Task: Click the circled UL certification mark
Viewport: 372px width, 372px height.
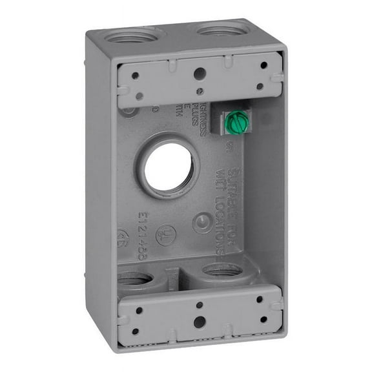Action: (x=167, y=233)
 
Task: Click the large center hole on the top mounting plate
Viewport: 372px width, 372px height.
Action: (x=200, y=74)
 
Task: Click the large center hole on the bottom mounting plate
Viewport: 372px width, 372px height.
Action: (x=200, y=320)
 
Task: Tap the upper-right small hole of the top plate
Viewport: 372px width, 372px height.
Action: (x=263, y=65)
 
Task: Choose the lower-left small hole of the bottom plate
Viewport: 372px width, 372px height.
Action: (x=136, y=331)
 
